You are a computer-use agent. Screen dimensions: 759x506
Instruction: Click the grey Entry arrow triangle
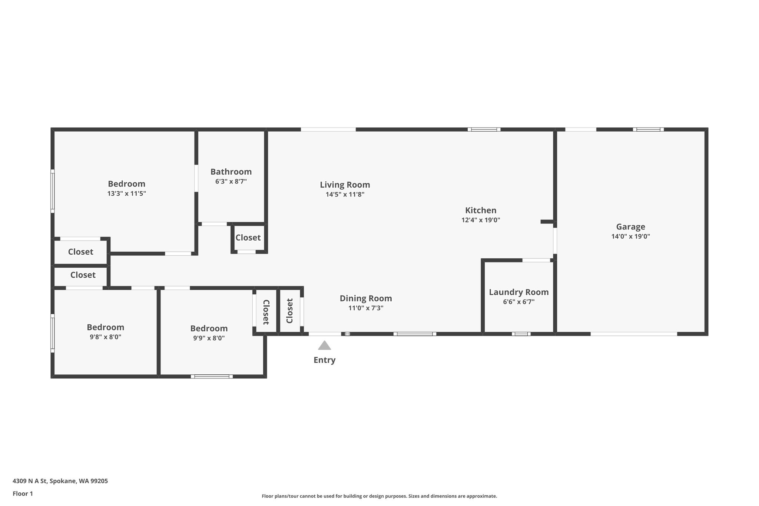324,345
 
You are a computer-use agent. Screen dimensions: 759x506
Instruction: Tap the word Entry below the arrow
324,360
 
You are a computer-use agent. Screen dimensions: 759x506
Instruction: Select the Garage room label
630,227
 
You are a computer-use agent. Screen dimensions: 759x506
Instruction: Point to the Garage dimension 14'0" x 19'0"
630,237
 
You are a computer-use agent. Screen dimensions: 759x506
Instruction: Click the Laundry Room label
518,292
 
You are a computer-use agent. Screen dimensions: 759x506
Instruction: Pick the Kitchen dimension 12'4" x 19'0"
481,220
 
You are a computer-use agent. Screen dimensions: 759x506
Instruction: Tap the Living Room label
345,185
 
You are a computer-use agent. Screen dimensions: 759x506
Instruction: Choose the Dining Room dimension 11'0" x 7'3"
365,308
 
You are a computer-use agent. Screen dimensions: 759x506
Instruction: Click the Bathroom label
231,172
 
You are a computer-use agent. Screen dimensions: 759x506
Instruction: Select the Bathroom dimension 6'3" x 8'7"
231,182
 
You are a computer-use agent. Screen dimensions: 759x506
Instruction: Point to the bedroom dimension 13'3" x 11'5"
126,194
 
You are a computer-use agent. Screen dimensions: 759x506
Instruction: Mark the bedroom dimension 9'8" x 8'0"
105,337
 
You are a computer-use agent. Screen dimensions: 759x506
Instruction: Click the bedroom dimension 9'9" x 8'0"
209,338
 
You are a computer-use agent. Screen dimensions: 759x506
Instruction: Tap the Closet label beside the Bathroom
248,238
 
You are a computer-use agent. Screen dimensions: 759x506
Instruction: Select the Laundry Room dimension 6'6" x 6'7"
518,302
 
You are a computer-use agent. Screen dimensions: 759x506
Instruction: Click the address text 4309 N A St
30,481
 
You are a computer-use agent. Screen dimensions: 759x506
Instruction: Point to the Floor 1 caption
23,494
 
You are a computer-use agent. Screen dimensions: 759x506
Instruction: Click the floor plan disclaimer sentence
379,496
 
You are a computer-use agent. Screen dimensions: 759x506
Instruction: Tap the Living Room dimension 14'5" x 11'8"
345,195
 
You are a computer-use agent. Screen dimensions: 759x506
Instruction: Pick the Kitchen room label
481,210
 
